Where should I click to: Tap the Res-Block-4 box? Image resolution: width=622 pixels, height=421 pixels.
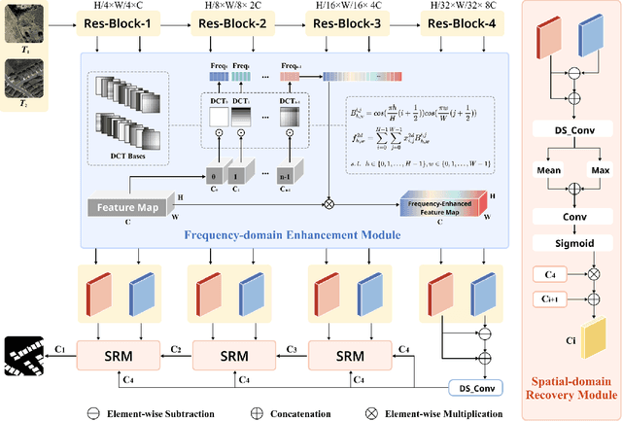455,21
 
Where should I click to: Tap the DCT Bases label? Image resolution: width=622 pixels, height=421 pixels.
128,153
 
